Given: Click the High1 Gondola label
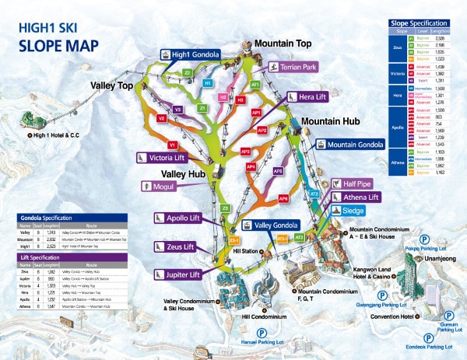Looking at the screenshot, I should [191, 54].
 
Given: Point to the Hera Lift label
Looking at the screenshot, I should [302, 97].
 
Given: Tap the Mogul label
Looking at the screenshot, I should [160, 187].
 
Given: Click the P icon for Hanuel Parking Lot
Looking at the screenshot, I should [238, 331].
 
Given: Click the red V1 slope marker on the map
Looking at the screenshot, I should [172, 145].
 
